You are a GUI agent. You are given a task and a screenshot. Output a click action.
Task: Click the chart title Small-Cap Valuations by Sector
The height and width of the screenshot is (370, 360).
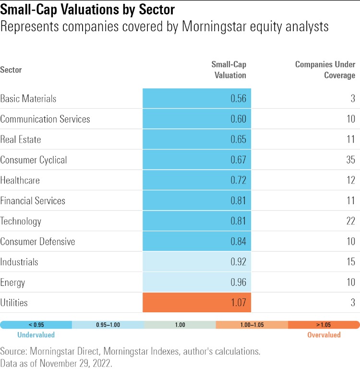87,9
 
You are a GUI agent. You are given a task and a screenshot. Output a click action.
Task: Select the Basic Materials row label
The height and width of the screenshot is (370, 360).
28,99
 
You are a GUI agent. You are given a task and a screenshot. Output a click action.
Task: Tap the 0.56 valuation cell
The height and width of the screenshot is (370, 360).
197,99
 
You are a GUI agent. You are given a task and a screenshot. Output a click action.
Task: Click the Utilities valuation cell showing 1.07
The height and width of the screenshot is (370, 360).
197,303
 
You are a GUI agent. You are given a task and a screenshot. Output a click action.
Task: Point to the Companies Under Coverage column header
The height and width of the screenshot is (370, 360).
325,70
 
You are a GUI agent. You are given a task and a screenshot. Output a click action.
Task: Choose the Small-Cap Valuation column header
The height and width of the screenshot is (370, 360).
228,70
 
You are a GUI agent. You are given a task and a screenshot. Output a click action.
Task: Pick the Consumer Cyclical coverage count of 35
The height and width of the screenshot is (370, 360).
350,160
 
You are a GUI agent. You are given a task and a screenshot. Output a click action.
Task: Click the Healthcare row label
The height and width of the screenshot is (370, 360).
20,181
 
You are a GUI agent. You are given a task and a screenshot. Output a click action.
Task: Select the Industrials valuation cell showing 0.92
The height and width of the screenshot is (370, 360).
197,262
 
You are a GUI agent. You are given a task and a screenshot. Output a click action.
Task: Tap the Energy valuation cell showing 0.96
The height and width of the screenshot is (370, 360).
197,283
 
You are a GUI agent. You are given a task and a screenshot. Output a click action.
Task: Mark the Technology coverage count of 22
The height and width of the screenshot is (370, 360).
350,221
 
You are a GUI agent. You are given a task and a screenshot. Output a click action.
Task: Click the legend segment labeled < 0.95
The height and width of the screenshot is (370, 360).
36,325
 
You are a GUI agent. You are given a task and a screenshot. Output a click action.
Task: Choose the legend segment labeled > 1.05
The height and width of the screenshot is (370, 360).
324,325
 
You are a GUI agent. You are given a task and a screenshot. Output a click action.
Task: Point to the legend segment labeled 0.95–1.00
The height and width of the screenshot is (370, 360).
108,325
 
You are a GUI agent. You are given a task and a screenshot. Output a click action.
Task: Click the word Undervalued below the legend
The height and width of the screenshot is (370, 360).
36,335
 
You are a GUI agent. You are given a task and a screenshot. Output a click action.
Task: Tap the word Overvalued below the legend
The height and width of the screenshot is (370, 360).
324,335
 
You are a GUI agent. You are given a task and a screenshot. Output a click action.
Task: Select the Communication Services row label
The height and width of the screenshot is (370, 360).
45,119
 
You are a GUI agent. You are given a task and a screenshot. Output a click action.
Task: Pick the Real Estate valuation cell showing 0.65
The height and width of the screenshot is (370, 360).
197,139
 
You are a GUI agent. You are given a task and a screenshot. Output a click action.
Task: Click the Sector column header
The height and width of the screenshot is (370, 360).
11,70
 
